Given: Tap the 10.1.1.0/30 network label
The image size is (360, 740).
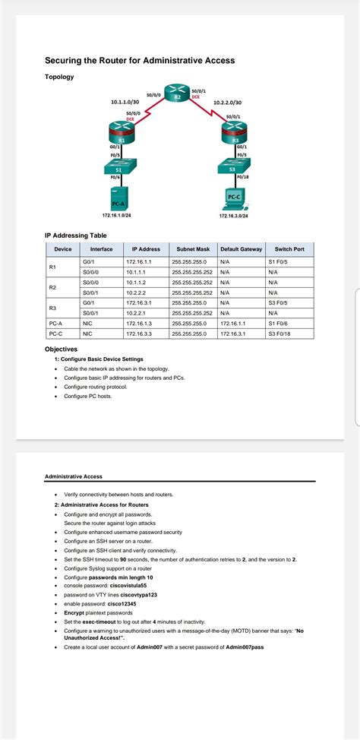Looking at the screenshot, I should click(125, 101).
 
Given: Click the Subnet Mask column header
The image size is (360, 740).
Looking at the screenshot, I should click(192, 249).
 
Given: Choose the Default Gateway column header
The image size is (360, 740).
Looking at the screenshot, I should click(241, 249).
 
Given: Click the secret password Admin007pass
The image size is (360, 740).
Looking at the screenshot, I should click(245, 647).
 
